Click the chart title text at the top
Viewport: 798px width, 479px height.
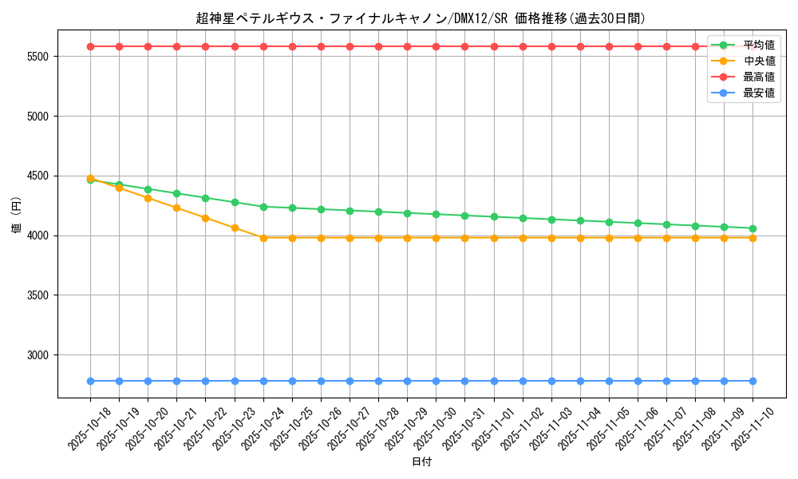click(x=421, y=18)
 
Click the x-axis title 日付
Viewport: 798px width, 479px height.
click(x=421, y=462)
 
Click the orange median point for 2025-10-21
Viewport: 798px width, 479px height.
click(x=176, y=208)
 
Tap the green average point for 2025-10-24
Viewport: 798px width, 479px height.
click(x=263, y=207)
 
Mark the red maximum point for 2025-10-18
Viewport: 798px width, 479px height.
click(x=90, y=46)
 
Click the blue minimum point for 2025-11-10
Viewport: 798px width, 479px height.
click(x=753, y=381)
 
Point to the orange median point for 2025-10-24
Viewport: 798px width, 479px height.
click(x=263, y=238)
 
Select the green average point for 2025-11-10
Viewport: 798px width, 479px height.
click(x=753, y=228)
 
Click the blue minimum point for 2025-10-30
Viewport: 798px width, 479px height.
click(x=436, y=381)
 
